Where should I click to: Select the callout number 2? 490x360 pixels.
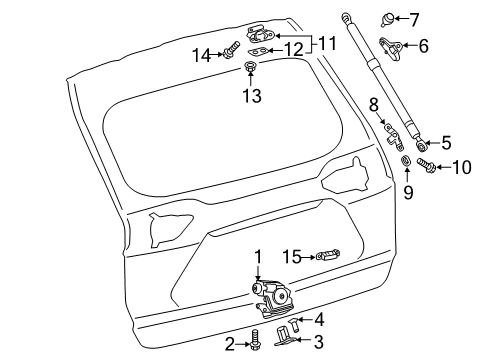point(229,344)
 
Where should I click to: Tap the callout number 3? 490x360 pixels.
point(318,341)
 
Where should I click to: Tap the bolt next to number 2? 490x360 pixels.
point(255,339)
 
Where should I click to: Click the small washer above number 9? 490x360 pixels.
point(407,163)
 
